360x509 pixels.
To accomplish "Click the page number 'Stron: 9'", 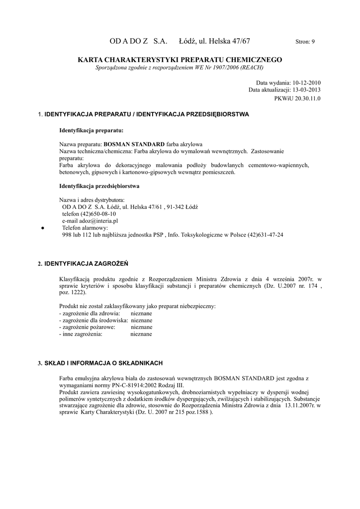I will [x=305, y=42].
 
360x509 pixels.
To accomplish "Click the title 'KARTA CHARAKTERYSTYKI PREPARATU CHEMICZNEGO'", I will [x=180, y=60].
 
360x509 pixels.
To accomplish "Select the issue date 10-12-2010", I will [x=307, y=83].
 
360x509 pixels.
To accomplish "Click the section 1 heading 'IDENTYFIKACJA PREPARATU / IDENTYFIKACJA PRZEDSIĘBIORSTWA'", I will [x=147, y=114].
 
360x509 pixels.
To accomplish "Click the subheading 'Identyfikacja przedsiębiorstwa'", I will [x=99, y=186].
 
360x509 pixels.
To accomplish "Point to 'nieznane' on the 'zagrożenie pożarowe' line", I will [x=141, y=327].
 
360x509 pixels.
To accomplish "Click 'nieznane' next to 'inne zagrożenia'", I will [x=141, y=334].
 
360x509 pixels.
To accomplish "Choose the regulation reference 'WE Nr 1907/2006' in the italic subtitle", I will [x=216, y=67].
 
